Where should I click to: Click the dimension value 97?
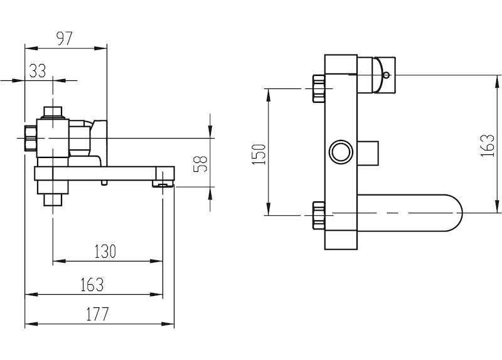point(65,38)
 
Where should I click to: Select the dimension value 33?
point(38,71)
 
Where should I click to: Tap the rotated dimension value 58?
point(201,164)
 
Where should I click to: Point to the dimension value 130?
point(105,251)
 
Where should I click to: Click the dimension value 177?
point(98,314)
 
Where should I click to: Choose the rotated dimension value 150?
point(259,154)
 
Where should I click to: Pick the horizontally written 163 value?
point(92,285)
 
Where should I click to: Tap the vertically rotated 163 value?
point(488,145)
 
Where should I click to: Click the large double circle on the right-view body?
point(341,152)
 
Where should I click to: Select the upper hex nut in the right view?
point(319,88)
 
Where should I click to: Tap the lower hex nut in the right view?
point(319,215)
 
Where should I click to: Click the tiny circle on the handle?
point(387,75)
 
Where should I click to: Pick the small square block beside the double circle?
point(368,153)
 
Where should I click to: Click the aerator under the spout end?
point(163,184)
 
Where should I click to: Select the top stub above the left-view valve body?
point(53,112)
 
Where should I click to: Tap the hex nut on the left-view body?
point(31,138)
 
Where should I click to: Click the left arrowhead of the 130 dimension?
point(59,261)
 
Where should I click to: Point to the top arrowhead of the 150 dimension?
point(269,95)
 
